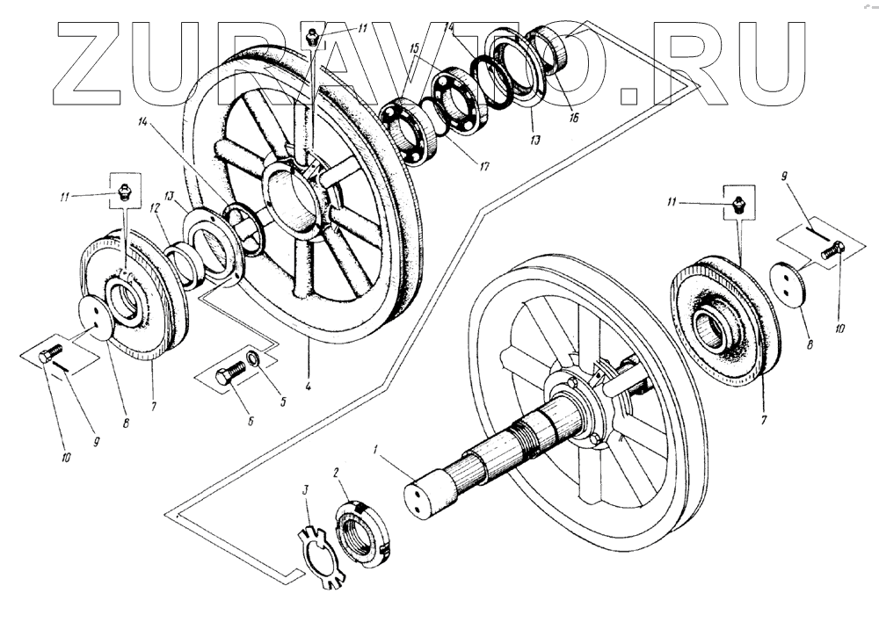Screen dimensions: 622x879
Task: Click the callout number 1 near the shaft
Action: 375,451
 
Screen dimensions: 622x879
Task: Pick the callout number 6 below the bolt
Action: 251,422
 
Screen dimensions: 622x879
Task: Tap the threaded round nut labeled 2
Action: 360,532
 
